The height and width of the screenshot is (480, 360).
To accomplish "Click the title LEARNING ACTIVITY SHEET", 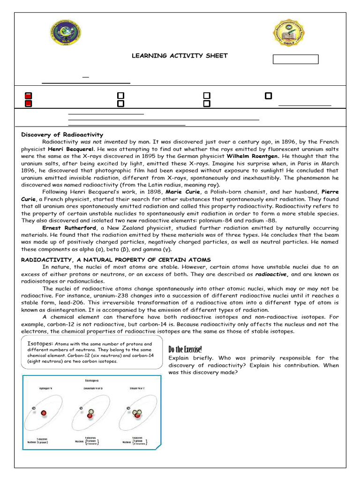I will point(180,56).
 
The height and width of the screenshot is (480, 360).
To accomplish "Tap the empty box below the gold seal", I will point(295,60).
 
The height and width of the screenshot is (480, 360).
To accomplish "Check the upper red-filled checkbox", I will point(28,96).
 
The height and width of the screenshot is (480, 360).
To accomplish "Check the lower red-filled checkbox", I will point(28,104).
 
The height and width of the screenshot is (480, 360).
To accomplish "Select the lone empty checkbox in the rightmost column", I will point(268,96).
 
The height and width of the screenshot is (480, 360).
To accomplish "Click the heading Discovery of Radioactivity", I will point(62,135).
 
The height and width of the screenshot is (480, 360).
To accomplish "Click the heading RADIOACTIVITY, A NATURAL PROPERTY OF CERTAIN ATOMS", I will point(116,260).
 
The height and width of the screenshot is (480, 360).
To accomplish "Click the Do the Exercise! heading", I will point(185,350).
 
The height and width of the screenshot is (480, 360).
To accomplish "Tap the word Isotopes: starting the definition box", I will point(40,344).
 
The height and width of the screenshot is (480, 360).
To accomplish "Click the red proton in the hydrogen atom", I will point(44,413).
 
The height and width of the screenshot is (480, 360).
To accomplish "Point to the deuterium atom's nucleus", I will point(90,413).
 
